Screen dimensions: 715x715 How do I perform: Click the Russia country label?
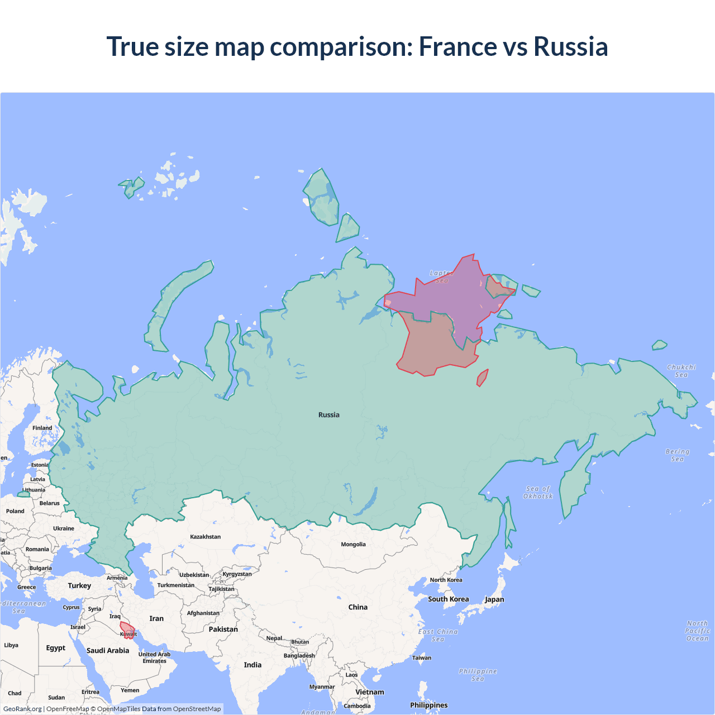329,415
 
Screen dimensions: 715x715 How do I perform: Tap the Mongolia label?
354,545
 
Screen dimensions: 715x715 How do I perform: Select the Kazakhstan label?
206,537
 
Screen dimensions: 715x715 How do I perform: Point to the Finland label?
42,428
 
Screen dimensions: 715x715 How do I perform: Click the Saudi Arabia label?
108,651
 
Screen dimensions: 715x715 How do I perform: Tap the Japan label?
494,600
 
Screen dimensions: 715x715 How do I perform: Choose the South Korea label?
449,599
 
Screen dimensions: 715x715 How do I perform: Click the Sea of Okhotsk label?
538,493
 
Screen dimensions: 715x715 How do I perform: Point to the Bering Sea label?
678,455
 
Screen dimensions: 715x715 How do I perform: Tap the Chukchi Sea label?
681,371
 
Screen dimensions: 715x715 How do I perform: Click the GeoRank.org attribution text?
22,709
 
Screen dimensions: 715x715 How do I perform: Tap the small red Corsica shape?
482,378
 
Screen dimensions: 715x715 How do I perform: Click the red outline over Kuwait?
127,630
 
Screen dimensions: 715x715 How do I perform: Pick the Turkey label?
79,586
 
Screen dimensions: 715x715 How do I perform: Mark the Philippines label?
429,706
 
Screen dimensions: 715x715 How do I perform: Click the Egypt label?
56,648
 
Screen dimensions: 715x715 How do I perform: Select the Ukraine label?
64,528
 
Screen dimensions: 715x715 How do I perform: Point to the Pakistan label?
223,630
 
